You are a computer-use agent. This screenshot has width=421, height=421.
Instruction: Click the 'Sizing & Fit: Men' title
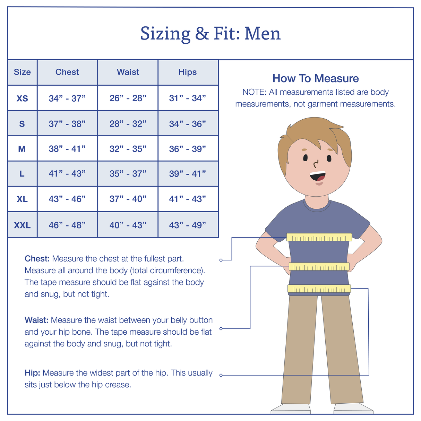210,34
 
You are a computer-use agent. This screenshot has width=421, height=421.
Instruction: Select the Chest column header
67,72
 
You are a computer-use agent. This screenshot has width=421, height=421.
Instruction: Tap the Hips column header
188,72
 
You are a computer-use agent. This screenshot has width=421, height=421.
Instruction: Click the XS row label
22,98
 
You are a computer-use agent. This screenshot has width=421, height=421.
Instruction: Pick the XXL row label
22,225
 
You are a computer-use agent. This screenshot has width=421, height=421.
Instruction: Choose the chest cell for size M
67,149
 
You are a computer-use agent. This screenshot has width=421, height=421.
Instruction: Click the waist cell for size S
128,124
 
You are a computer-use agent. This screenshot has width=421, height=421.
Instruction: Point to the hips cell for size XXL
188,225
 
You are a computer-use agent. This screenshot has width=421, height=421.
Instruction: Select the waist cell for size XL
128,199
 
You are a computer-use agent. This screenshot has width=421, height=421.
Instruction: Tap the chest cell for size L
67,174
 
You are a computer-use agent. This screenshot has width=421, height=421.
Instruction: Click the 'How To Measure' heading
316,78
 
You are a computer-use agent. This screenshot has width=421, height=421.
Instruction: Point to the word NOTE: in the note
254,92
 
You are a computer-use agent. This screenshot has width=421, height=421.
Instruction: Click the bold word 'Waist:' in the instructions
36,320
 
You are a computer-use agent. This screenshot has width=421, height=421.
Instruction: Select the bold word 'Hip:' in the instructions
33,373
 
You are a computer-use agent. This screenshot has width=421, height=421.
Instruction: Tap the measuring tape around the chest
319,237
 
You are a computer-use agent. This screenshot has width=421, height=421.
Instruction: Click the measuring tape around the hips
319,289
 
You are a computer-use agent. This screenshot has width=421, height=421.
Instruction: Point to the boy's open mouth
317,176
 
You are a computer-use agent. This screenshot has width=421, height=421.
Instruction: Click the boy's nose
316,163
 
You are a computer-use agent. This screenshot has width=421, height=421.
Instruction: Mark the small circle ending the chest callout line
221,260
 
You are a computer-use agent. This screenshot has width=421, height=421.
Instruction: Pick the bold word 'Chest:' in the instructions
37,259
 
